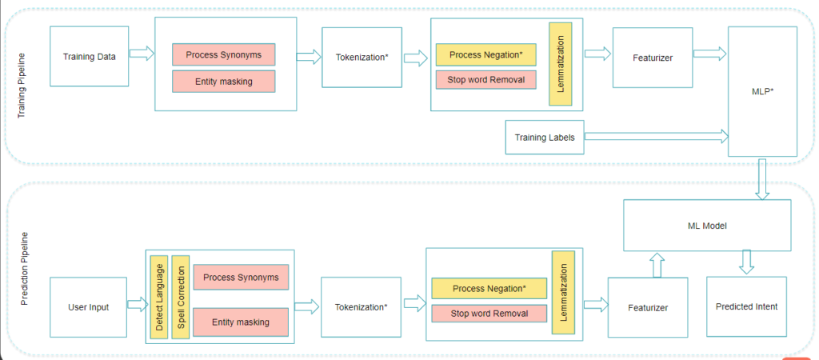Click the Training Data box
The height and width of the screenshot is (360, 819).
[x=89, y=57]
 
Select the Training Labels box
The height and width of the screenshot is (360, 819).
[x=545, y=138]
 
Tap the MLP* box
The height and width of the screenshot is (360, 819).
[x=762, y=91]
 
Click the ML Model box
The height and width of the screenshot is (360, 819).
[x=706, y=226]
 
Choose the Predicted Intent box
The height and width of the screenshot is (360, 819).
[x=746, y=306]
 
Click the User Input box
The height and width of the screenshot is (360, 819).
[x=89, y=307]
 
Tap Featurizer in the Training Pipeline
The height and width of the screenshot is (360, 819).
[x=652, y=58]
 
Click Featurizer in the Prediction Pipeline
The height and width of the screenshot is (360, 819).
[x=646, y=307]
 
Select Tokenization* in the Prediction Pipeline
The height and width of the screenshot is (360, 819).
[x=361, y=306]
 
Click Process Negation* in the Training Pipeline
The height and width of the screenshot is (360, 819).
[x=485, y=54]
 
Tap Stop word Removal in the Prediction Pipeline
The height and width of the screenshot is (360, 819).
[x=489, y=314]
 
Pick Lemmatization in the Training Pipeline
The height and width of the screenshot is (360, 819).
[x=560, y=63]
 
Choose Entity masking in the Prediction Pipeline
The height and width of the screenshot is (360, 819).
[x=241, y=322]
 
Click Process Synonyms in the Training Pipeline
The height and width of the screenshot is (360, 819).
[x=223, y=54]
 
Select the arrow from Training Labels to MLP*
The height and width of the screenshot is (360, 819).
[x=656, y=138]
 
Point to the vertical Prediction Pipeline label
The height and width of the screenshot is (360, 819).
[x=23, y=270]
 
